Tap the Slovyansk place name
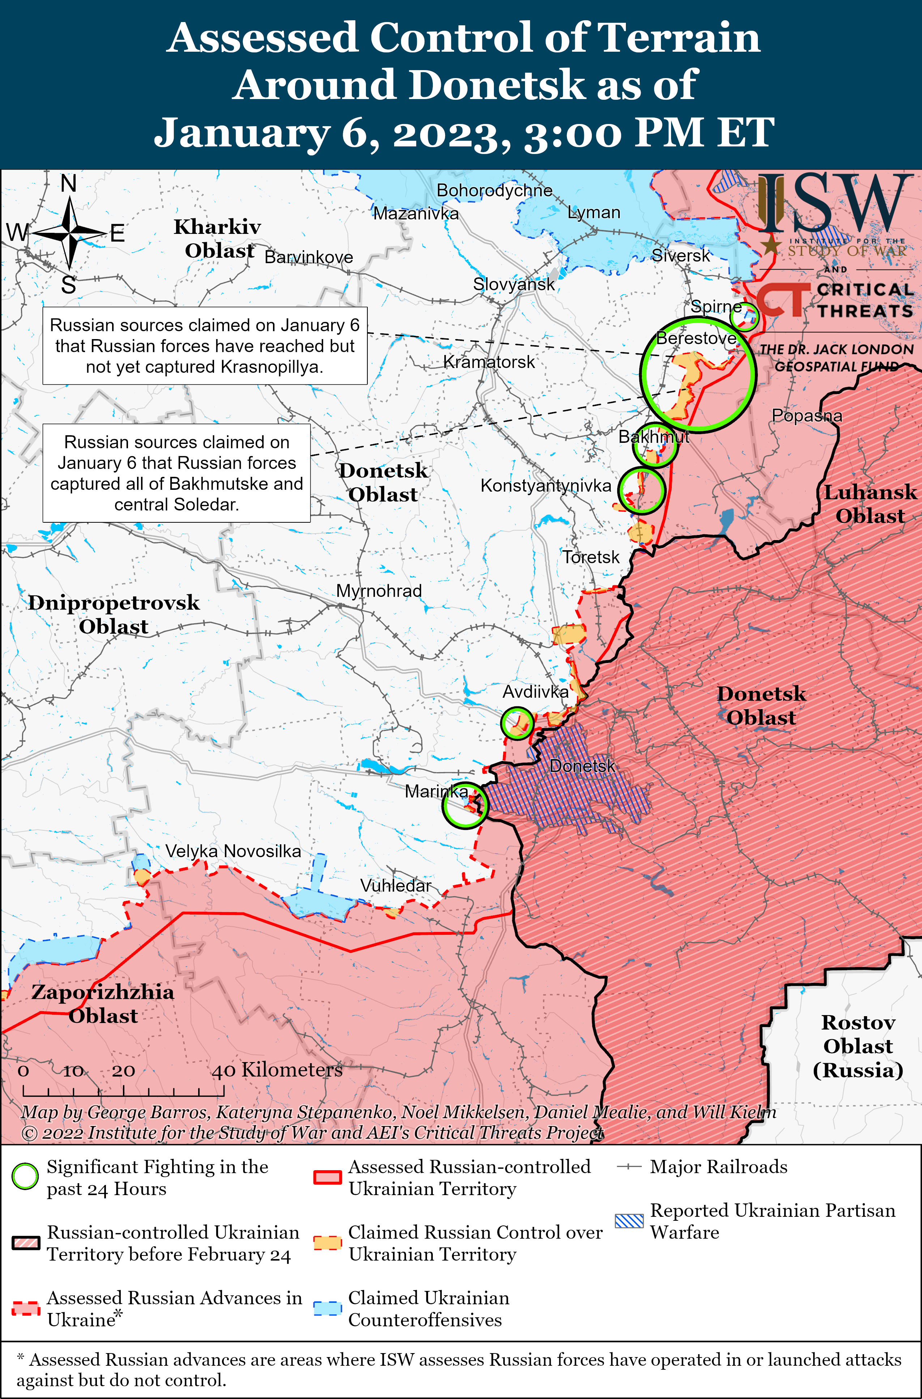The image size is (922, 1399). (514, 284)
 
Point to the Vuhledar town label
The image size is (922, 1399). (396, 886)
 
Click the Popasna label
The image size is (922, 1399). (807, 416)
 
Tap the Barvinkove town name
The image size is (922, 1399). (309, 257)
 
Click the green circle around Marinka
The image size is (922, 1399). (465, 805)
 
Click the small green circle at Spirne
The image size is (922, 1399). (744, 316)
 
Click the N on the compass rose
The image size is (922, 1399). (69, 184)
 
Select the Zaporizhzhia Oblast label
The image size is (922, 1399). (103, 1004)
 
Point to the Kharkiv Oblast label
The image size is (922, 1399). (218, 239)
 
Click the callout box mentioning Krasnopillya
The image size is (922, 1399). (205, 346)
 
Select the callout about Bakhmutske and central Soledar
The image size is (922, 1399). (176, 473)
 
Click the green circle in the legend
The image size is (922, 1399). (25, 1177)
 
